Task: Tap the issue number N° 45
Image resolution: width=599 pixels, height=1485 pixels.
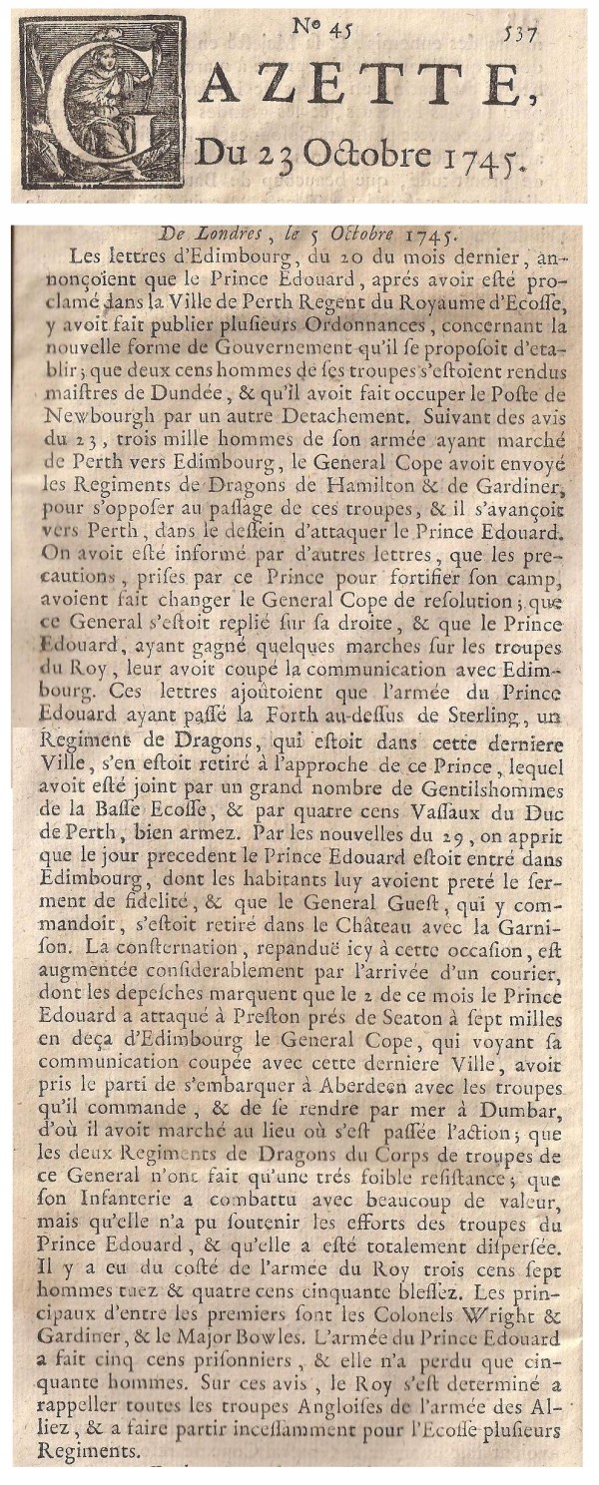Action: pyautogui.click(x=323, y=29)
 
